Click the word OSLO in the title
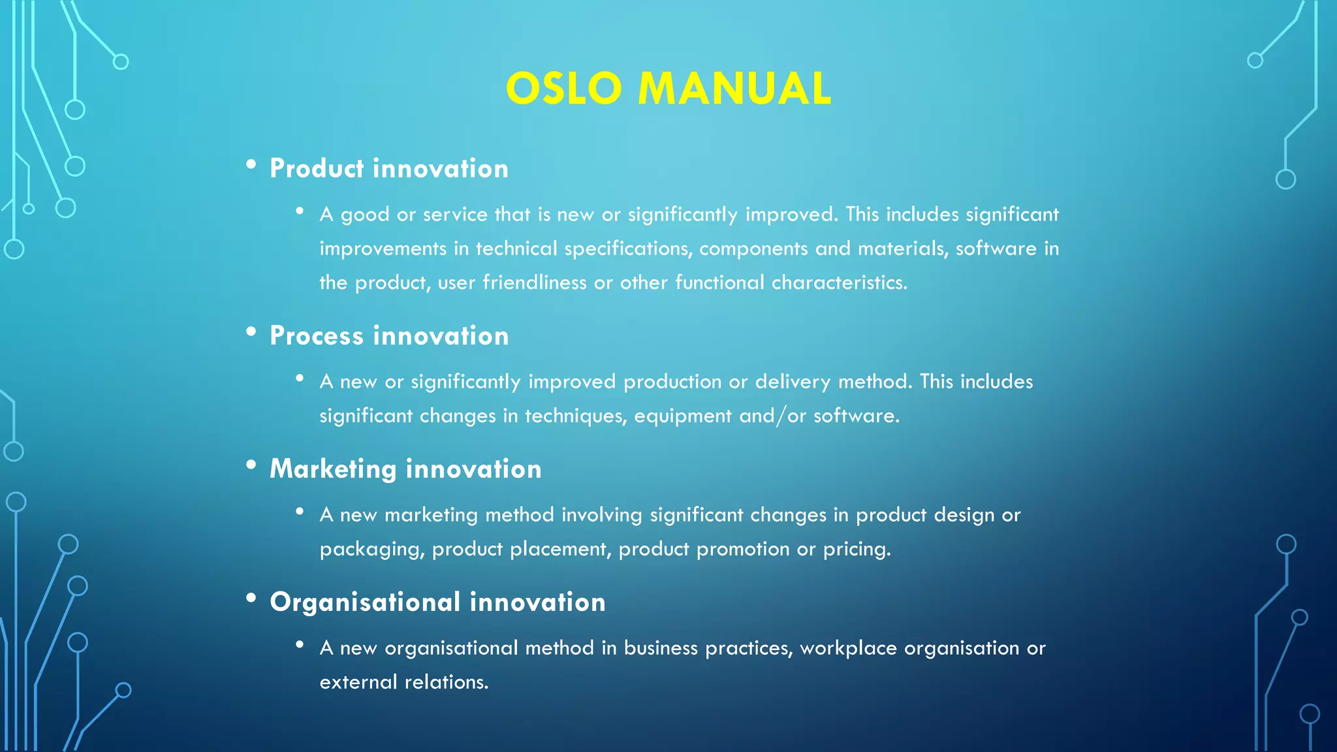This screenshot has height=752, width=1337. coord(563,89)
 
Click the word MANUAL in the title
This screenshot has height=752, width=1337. coord(734,89)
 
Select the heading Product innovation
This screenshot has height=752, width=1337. coord(389,168)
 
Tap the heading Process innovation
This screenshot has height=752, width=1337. coord(389,336)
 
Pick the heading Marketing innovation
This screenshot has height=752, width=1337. coord(405,469)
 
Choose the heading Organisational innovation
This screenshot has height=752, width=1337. coord(437,602)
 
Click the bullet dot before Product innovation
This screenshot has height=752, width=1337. coord(251,165)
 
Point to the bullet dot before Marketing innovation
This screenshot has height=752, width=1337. coord(251,465)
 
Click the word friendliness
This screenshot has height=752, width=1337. coord(534,283)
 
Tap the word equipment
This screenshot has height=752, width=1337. coord(682,416)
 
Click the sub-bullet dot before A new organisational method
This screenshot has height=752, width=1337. coord(300,645)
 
